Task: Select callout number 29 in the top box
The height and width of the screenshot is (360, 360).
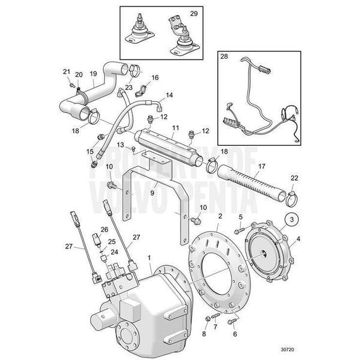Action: [x=193, y=13]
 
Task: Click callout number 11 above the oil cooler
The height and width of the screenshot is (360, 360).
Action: [x=175, y=128]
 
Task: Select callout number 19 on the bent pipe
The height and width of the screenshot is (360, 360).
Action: [x=93, y=74]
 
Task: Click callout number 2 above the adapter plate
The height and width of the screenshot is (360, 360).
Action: [x=220, y=215]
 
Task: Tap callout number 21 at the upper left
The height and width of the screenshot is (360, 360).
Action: [x=66, y=72]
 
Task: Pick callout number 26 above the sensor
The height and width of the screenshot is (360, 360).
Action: [x=104, y=229]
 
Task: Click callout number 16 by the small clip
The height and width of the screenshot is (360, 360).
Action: [x=155, y=78]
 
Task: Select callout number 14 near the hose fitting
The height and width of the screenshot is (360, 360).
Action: [x=169, y=95]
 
